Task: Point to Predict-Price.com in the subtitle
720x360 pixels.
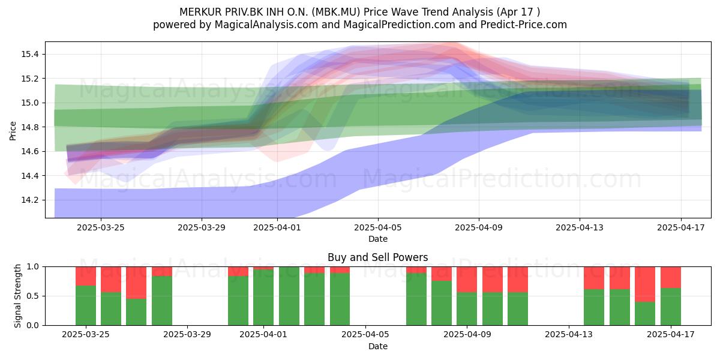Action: (524, 25)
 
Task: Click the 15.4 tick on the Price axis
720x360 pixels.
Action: (29, 54)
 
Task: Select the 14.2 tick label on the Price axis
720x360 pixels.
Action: (29, 200)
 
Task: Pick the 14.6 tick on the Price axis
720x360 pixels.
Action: (29, 151)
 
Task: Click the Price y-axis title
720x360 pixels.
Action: (13, 131)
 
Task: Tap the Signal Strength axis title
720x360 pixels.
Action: (17, 296)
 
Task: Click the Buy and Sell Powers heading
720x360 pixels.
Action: (377, 257)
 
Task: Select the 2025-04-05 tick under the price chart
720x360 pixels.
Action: (378, 227)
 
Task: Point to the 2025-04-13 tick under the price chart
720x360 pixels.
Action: (580, 227)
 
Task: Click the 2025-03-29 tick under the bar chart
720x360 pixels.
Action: (187, 335)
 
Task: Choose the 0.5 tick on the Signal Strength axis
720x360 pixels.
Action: (32, 296)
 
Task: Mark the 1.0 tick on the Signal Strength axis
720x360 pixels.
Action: (32, 267)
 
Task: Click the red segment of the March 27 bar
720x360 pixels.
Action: (136, 283)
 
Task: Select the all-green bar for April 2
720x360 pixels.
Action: (289, 296)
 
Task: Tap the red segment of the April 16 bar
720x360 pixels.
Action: (645, 284)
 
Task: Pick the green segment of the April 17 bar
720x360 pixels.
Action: (671, 307)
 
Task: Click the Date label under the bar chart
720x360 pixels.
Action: (377, 346)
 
